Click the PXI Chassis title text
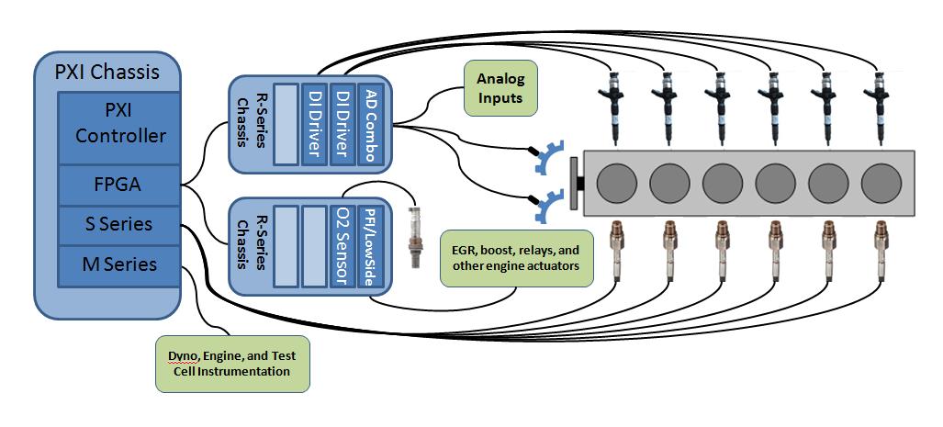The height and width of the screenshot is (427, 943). coord(105,72)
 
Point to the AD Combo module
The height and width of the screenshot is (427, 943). coord(371,126)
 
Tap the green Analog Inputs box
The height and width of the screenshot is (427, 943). coord(500,89)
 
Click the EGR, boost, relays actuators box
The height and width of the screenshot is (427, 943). coord(517,257)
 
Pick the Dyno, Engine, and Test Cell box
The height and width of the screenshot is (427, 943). coord(231,365)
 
